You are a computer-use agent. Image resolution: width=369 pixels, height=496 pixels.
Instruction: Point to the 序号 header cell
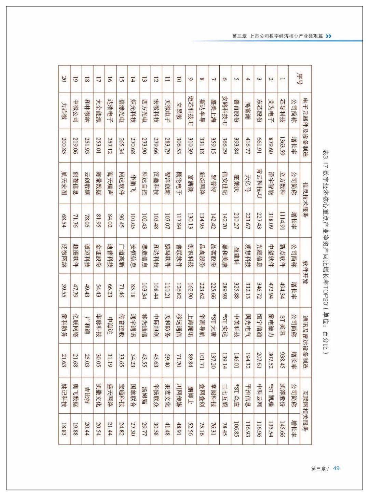coord(300,78)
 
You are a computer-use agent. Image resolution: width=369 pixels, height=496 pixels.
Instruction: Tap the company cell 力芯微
coord(64,111)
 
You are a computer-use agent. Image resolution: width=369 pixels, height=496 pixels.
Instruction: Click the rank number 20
coord(64,78)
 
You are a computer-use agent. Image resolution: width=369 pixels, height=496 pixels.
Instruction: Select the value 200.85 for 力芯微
coord(64,148)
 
